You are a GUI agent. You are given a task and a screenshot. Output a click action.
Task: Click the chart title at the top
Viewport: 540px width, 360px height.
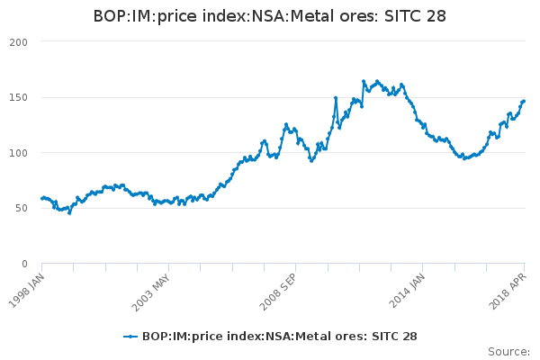270,16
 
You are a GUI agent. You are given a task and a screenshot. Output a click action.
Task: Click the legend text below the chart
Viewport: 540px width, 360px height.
280,336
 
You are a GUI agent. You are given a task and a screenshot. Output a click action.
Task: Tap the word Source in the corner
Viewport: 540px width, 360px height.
508,351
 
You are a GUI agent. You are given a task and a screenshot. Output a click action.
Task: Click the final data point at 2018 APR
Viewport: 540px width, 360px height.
524,101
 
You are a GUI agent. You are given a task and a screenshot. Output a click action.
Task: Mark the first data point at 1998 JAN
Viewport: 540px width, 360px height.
42,198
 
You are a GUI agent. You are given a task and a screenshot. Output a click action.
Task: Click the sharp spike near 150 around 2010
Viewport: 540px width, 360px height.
336,98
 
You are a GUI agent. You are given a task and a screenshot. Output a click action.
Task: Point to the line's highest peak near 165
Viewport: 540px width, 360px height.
364,81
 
